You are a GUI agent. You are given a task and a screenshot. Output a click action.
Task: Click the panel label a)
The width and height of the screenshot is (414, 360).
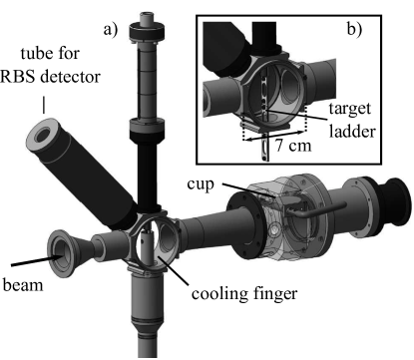pyautogui.click(x=111, y=29)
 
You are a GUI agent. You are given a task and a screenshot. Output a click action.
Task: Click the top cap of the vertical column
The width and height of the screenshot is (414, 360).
pyautogui.click(x=151, y=18)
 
